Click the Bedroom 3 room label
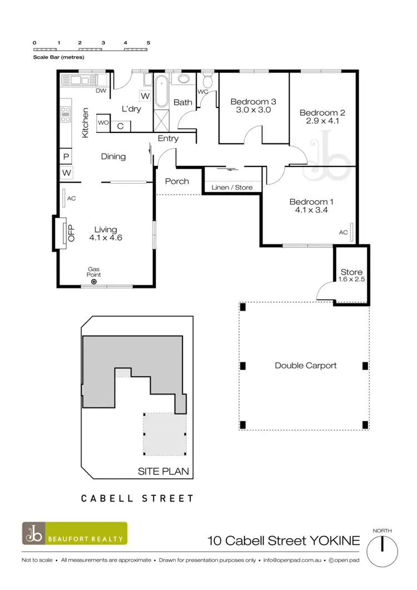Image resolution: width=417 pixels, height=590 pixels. pyautogui.click(x=253, y=102)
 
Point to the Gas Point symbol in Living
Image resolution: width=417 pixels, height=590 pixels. pyautogui.click(x=93, y=282)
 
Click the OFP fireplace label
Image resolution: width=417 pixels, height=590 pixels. pyautogui.click(x=71, y=233)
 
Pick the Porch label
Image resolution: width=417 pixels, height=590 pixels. pyautogui.click(x=177, y=181)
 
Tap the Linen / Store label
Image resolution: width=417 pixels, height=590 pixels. pyautogui.click(x=232, y=188)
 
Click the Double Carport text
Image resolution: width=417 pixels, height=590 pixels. pyautogui.click(x=305, y=366)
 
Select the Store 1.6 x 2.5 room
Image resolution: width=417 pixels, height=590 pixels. pyautogui.click(x=351, y=276)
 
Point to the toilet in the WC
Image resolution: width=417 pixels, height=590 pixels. pyautogui.click(x=208, y=78)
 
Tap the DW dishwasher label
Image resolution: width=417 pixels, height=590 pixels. pyautogui.click(x=101, y=91)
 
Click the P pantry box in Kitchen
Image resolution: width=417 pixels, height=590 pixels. pyautogui.click(x=66, y=157)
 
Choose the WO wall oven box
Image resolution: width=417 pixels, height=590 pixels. pyautogui.click(x=103, y=122)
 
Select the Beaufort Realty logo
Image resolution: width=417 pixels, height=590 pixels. pyautogui.click(x=75, y=533)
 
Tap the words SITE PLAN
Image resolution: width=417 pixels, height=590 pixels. pyautogui.click(x=163, y=471)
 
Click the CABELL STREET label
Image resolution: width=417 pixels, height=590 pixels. pyautogui.click(x=137, y=498)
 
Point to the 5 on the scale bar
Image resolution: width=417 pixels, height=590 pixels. pyautogui.click(x=148, y=42)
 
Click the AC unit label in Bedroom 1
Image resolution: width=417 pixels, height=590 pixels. pyautogui.click(x=343, y=233)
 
